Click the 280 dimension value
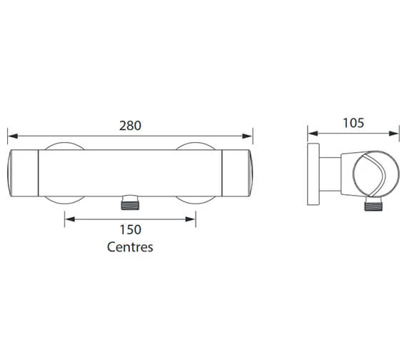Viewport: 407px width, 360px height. coord(130,126)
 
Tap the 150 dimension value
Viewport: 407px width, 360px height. coord(130,230)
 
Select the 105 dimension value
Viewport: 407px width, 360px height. coord(353,123)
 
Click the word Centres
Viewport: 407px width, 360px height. coord(130,247)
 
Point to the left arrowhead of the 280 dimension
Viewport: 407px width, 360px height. coord(13,136)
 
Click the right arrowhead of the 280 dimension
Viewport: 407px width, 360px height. coord(247,136)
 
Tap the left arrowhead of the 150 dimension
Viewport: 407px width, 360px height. coord(70,219)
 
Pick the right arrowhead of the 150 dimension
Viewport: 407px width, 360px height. coord(190,219)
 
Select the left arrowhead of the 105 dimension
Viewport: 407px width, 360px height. coord(313,134)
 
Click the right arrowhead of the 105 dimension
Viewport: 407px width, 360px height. coord(393,134)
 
